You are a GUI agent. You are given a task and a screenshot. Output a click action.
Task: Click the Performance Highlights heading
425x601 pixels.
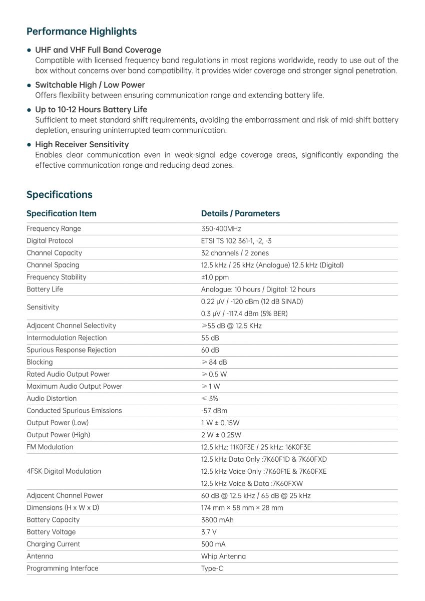click(x=81, y=32)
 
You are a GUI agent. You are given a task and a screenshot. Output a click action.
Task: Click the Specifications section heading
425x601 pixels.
click(x=59, y=194)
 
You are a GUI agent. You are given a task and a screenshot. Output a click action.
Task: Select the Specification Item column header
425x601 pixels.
click(x=61, y=213)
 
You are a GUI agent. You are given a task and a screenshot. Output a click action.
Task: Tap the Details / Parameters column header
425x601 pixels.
click(x=240, y=213)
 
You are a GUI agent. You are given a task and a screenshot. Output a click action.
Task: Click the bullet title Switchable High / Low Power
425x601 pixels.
click(x=90, y=85)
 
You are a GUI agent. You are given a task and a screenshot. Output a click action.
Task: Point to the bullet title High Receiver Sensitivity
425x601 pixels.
click(x=82, y=144)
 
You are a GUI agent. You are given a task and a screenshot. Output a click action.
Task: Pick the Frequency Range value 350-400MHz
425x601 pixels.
click(x=221, y=229)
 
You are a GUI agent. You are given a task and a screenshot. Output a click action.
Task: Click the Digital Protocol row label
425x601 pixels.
click(x=50, y=241)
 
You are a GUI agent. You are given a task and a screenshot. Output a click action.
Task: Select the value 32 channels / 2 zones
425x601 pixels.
click(x=235, y=253)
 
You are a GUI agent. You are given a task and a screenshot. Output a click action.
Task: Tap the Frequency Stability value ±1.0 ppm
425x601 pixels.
click(x=215, y=277)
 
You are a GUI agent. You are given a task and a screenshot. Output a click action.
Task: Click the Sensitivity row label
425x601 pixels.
click(x=43, y=308)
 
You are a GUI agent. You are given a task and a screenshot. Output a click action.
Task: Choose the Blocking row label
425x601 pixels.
click(x=40, y=362)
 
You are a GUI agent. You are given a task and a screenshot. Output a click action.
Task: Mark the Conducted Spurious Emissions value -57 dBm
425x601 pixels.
click(x=214, y=411)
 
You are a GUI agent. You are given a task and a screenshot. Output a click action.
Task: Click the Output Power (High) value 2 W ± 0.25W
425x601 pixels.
click(x=221, y=435)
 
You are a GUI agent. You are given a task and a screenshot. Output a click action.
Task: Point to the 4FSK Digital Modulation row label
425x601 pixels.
click(x=64, y=471)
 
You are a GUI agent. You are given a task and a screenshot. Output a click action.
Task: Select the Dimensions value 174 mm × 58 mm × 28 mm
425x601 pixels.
click(x=242, y=508)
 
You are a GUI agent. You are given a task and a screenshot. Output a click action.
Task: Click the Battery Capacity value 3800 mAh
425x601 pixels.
click(x=217, y=520)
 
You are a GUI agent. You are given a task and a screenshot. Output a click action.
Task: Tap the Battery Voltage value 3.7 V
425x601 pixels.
click(x=209, y=532)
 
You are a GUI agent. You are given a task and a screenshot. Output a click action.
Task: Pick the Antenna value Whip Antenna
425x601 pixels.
click(x=223, y=556)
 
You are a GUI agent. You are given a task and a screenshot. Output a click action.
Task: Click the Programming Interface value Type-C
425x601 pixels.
click(x=212, y=568)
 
